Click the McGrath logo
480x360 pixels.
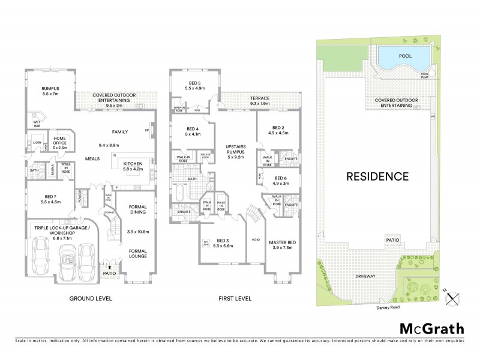point(432,328)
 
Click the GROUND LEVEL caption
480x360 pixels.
point(91,298)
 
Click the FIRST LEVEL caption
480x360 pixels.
point(234,298)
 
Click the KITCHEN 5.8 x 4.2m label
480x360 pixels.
point(132,166)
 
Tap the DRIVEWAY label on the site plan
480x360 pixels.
point(365,276)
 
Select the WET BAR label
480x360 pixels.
point(36,125)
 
